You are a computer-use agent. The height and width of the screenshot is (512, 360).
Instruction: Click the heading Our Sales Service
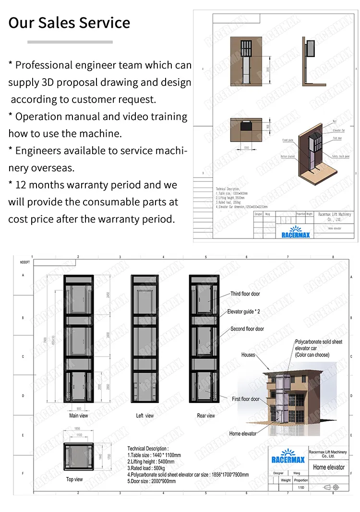[69, 23]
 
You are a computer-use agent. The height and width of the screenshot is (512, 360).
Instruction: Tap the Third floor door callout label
[245, 294]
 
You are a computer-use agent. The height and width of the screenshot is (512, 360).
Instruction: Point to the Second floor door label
[247, 329]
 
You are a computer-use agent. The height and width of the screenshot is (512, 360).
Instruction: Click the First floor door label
[245, 399]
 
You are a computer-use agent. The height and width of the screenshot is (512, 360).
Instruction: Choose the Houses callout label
[248, 355]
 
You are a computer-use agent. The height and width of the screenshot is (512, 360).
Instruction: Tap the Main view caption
[79, 416]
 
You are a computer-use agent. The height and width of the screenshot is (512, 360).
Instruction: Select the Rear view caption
[206, 416]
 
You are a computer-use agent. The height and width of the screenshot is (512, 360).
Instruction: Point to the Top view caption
[74, 479]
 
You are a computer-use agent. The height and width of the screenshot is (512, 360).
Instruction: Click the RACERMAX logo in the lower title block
[287, 456]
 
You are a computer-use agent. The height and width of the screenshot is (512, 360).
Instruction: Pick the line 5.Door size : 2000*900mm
[152, 481]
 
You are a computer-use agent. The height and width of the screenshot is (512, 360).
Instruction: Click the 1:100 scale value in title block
[300, 487]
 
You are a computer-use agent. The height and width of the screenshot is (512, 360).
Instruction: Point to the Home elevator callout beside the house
[242, 433]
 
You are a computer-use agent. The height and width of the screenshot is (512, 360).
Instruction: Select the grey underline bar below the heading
[70, 42]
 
